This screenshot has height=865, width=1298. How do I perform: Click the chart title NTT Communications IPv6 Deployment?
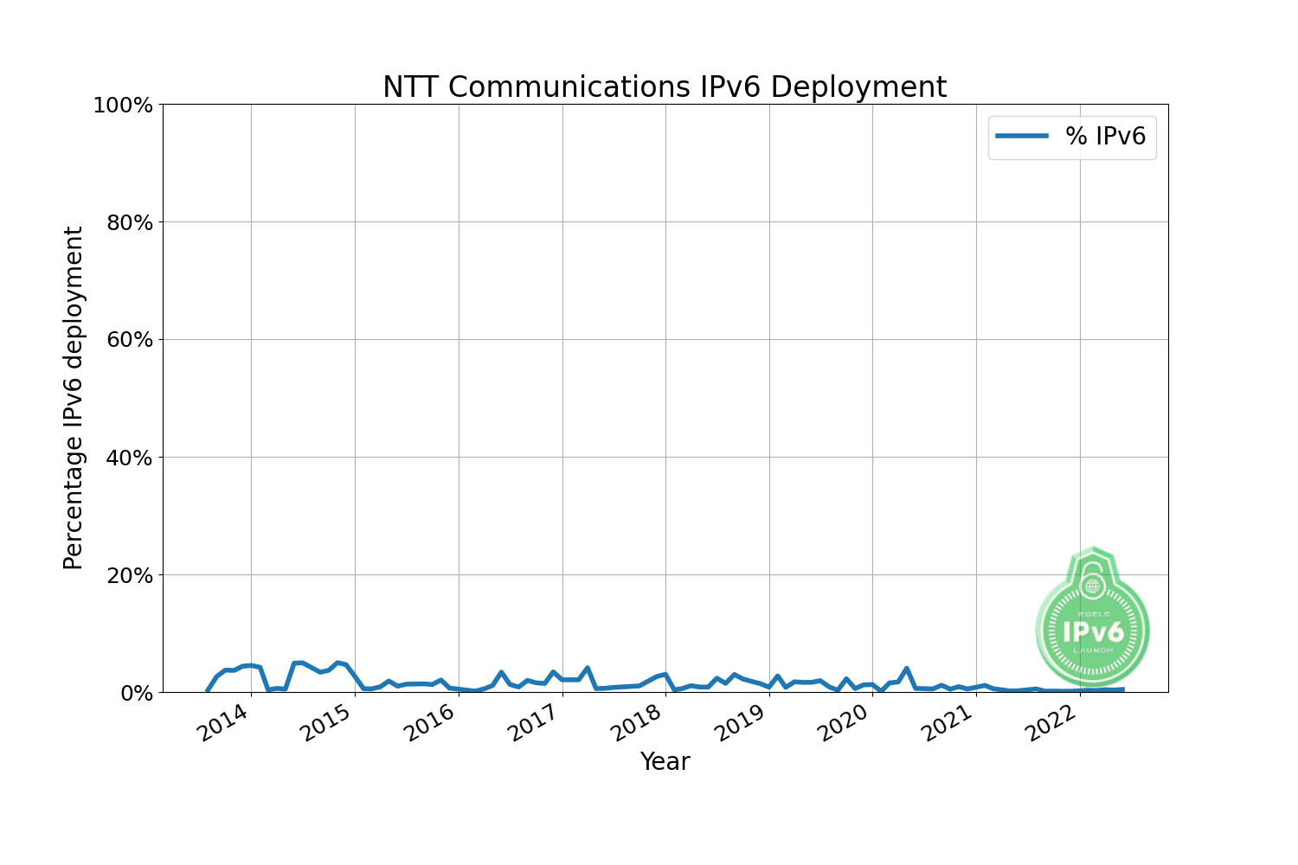click(x=665, y=87)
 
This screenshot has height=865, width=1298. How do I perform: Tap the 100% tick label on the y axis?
click(x=123, y=106)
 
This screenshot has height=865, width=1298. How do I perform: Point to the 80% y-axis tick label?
click(x=129, y=223)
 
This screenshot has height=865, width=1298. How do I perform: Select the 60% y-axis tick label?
click(x=129, y=340)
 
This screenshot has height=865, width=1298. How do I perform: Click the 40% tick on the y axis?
click(x=129, y=458)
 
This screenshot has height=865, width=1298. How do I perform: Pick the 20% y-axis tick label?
click(x=129, y=575)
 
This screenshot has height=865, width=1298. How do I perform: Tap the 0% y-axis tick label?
click(x=135, y=693)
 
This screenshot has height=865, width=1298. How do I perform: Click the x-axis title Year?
click(x=665, y=762)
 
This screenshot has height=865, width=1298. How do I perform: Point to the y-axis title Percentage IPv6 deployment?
click(x=74, y=398)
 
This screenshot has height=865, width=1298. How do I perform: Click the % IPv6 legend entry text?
click(x=1105, y=137)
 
